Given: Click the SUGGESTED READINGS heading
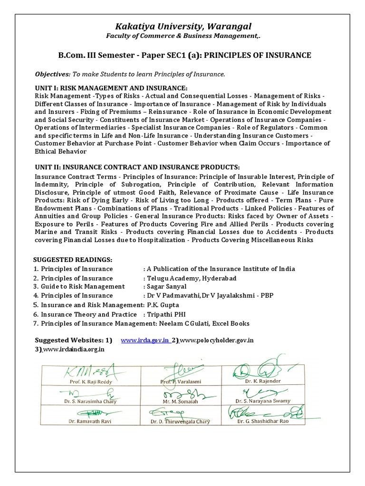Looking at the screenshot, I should point(72,260).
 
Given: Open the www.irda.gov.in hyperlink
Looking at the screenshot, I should point(145,340).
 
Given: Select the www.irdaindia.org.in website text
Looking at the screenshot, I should point(74,349).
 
